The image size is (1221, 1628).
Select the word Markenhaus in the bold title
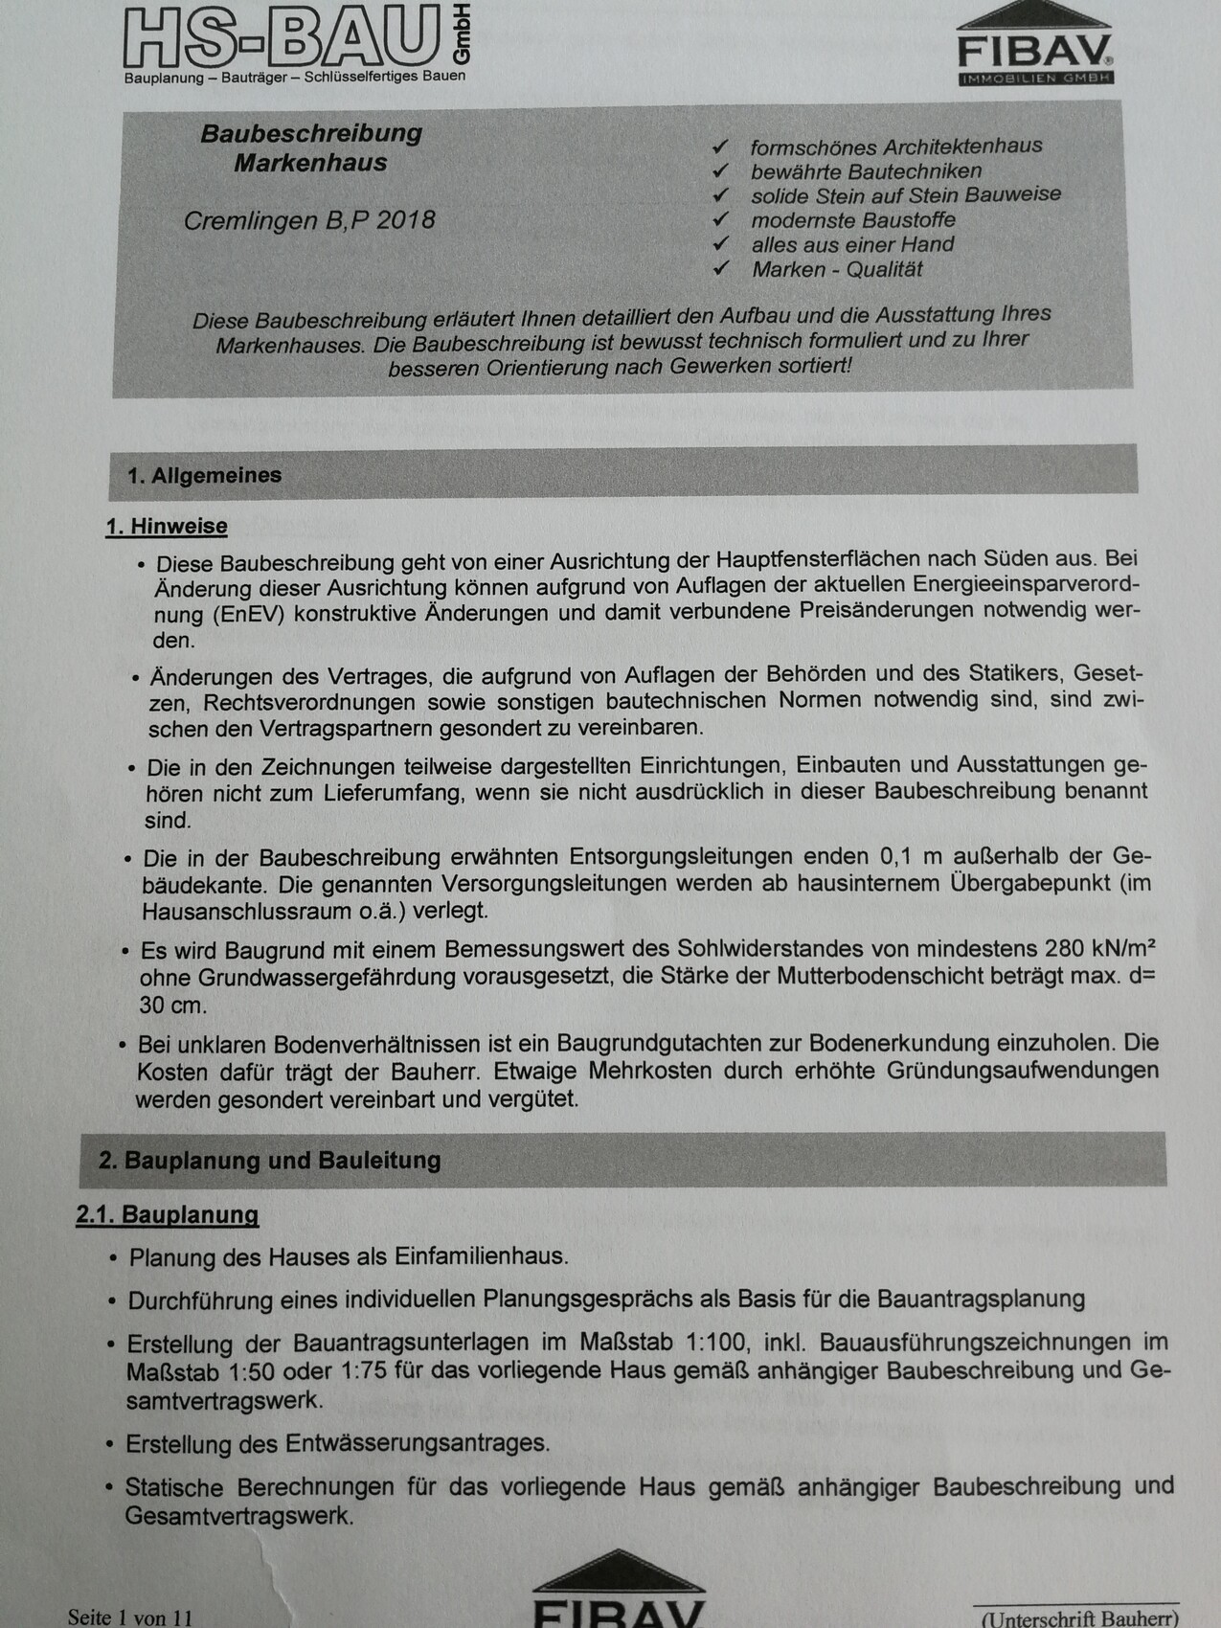point(310,163)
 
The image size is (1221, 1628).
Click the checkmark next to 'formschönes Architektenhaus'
point(721,147)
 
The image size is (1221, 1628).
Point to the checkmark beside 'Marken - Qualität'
point(721,269)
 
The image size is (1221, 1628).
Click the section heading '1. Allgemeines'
point(204,476)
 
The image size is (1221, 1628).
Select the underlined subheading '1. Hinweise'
point(167,527)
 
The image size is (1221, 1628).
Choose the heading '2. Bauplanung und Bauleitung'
point(269,1161)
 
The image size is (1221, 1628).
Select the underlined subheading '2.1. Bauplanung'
point(168,1215)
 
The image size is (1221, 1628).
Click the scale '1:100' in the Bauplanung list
point(732,1344)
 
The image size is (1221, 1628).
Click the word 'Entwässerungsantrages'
point(418,1443)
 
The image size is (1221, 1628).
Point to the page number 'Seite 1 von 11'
point(130,1617)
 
